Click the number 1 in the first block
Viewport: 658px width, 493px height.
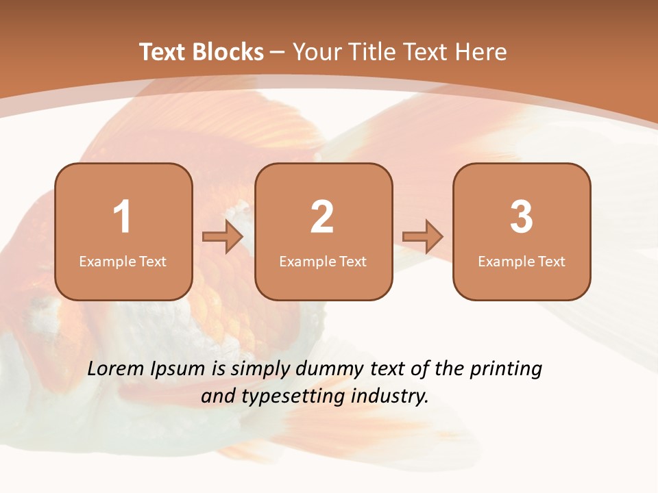point(123,217)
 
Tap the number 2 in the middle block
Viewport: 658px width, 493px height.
point(322,217)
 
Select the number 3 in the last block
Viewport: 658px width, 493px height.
point(522,217)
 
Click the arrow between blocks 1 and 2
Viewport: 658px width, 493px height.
point(223,237)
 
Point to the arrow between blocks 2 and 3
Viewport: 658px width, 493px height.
point(422,237)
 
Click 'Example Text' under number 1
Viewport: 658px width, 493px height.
point(123,262)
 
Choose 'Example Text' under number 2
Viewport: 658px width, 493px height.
point(323,262)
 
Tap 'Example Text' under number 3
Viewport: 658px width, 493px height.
point(522,262)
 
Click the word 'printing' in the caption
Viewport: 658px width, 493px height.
point(506,370)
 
